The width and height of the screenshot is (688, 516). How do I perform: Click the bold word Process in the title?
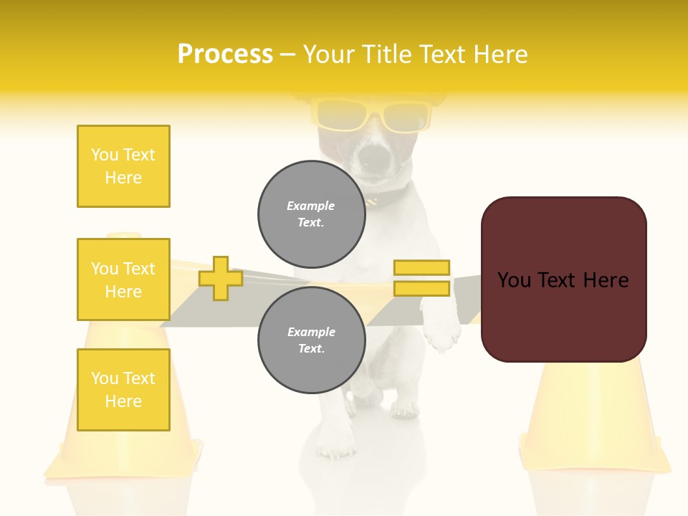(x=225, y=54)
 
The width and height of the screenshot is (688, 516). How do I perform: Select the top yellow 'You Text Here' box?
(x=123, y=166)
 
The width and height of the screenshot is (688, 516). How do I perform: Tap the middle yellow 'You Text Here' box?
(x=123, y=279)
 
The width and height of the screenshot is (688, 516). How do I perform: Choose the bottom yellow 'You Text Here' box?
(x=123, y=390)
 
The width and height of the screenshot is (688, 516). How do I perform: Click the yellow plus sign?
(x=220, y=278)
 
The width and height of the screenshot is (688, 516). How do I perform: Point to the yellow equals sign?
(x=421, y=278)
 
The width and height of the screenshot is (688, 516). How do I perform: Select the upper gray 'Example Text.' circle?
(x=311, y=214)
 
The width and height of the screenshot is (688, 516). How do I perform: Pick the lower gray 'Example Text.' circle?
(x=311, y=340)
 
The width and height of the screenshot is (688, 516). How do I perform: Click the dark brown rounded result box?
(x=563, y=279)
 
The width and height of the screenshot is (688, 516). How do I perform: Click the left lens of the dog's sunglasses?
(x=339, y=115)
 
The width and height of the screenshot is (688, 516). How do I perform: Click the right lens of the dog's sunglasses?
(x=406, y=116)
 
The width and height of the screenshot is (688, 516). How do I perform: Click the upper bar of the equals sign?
(x=421, y=268)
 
